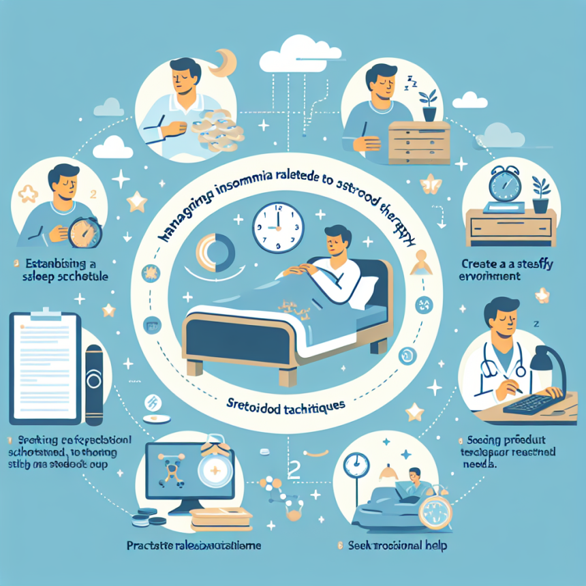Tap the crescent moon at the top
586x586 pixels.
pos(225,65)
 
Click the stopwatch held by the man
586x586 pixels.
pos(86,231)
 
